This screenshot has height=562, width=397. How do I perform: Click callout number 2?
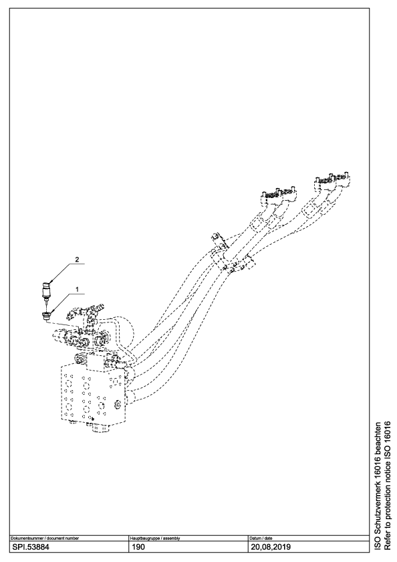click(x=76, y=259)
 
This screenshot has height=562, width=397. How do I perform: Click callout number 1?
click(x=76, y=288)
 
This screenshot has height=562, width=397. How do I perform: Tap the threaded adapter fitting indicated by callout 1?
click(x=46, y=316)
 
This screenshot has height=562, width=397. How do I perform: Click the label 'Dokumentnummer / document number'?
click(x=45, y=539)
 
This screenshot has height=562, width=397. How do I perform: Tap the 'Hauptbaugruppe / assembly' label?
click(x=154, y=539)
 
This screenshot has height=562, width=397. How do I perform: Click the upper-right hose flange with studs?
click(x=332, y=182)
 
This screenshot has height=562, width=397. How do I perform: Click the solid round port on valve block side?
click(x=117, y=405)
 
